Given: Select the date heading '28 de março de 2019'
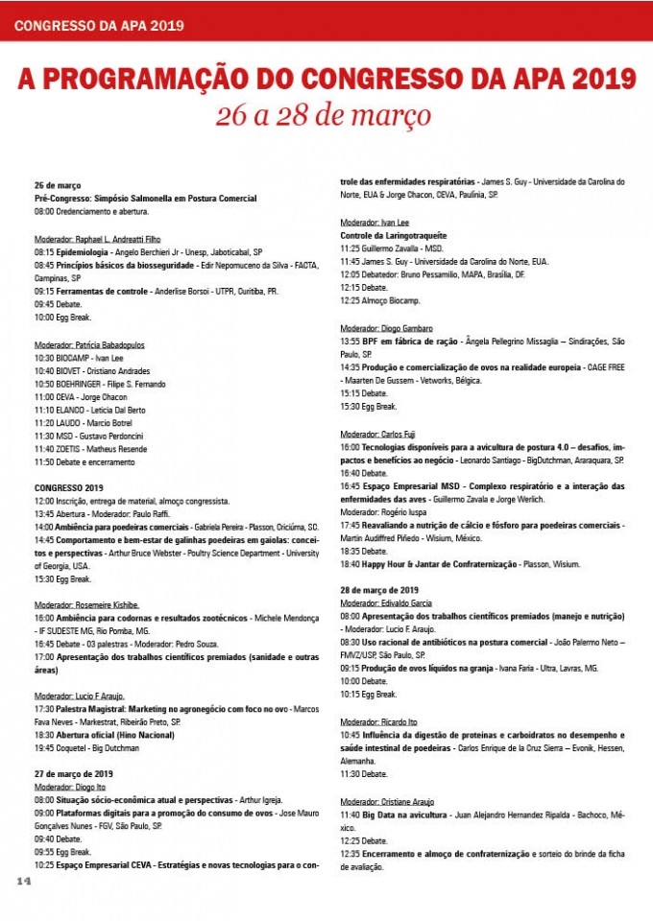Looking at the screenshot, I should (379, 589).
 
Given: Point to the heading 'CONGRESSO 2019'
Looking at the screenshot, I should (68, 487).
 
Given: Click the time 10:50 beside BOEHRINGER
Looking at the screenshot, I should (44, 384).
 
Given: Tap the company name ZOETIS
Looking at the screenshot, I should (72, 448).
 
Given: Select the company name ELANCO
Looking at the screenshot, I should (74, 410).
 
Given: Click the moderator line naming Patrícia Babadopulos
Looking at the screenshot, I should (88, 344).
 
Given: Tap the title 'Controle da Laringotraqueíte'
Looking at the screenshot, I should (393, 235).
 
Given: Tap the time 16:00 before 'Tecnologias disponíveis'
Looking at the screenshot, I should (351, 447).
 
